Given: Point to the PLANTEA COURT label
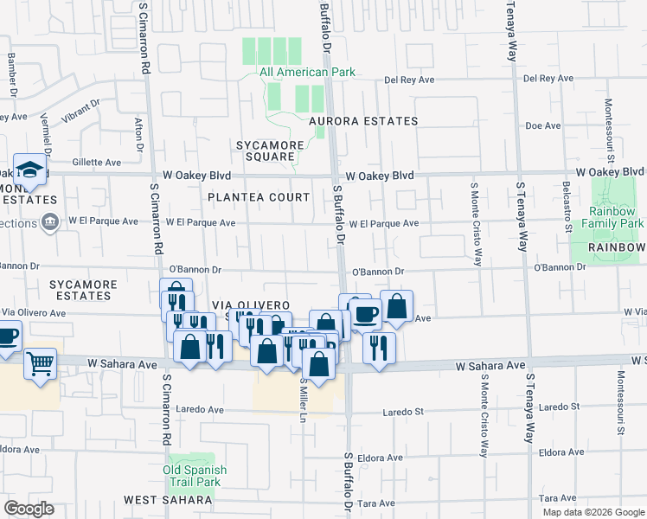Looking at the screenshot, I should (251, 196).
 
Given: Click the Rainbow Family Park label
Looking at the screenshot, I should (616, 217).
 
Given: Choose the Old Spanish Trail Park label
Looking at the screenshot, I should (195, 477).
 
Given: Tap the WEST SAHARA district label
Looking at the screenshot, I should (167, 500).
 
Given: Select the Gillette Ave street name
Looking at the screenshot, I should (97, 162).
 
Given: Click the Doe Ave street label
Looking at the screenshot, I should (543, 125).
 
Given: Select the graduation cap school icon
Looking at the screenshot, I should (30, 171).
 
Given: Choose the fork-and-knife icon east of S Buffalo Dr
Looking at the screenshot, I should (378, 348).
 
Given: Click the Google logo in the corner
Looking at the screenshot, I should (29, 509).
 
